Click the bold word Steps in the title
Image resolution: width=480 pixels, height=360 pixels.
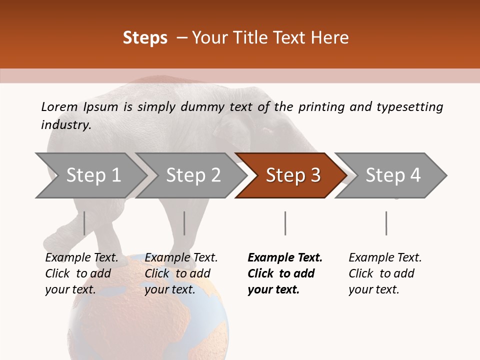(145, 38)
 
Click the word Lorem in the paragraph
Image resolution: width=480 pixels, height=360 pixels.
(59, 106)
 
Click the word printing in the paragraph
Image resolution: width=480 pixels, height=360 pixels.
(322, 106)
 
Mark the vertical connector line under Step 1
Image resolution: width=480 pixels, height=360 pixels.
(84, 223)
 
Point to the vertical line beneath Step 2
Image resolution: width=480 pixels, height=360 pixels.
(184, 223)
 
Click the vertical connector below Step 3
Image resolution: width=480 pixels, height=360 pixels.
(285, 223)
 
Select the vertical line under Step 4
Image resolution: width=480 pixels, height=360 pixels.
(386, 223)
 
